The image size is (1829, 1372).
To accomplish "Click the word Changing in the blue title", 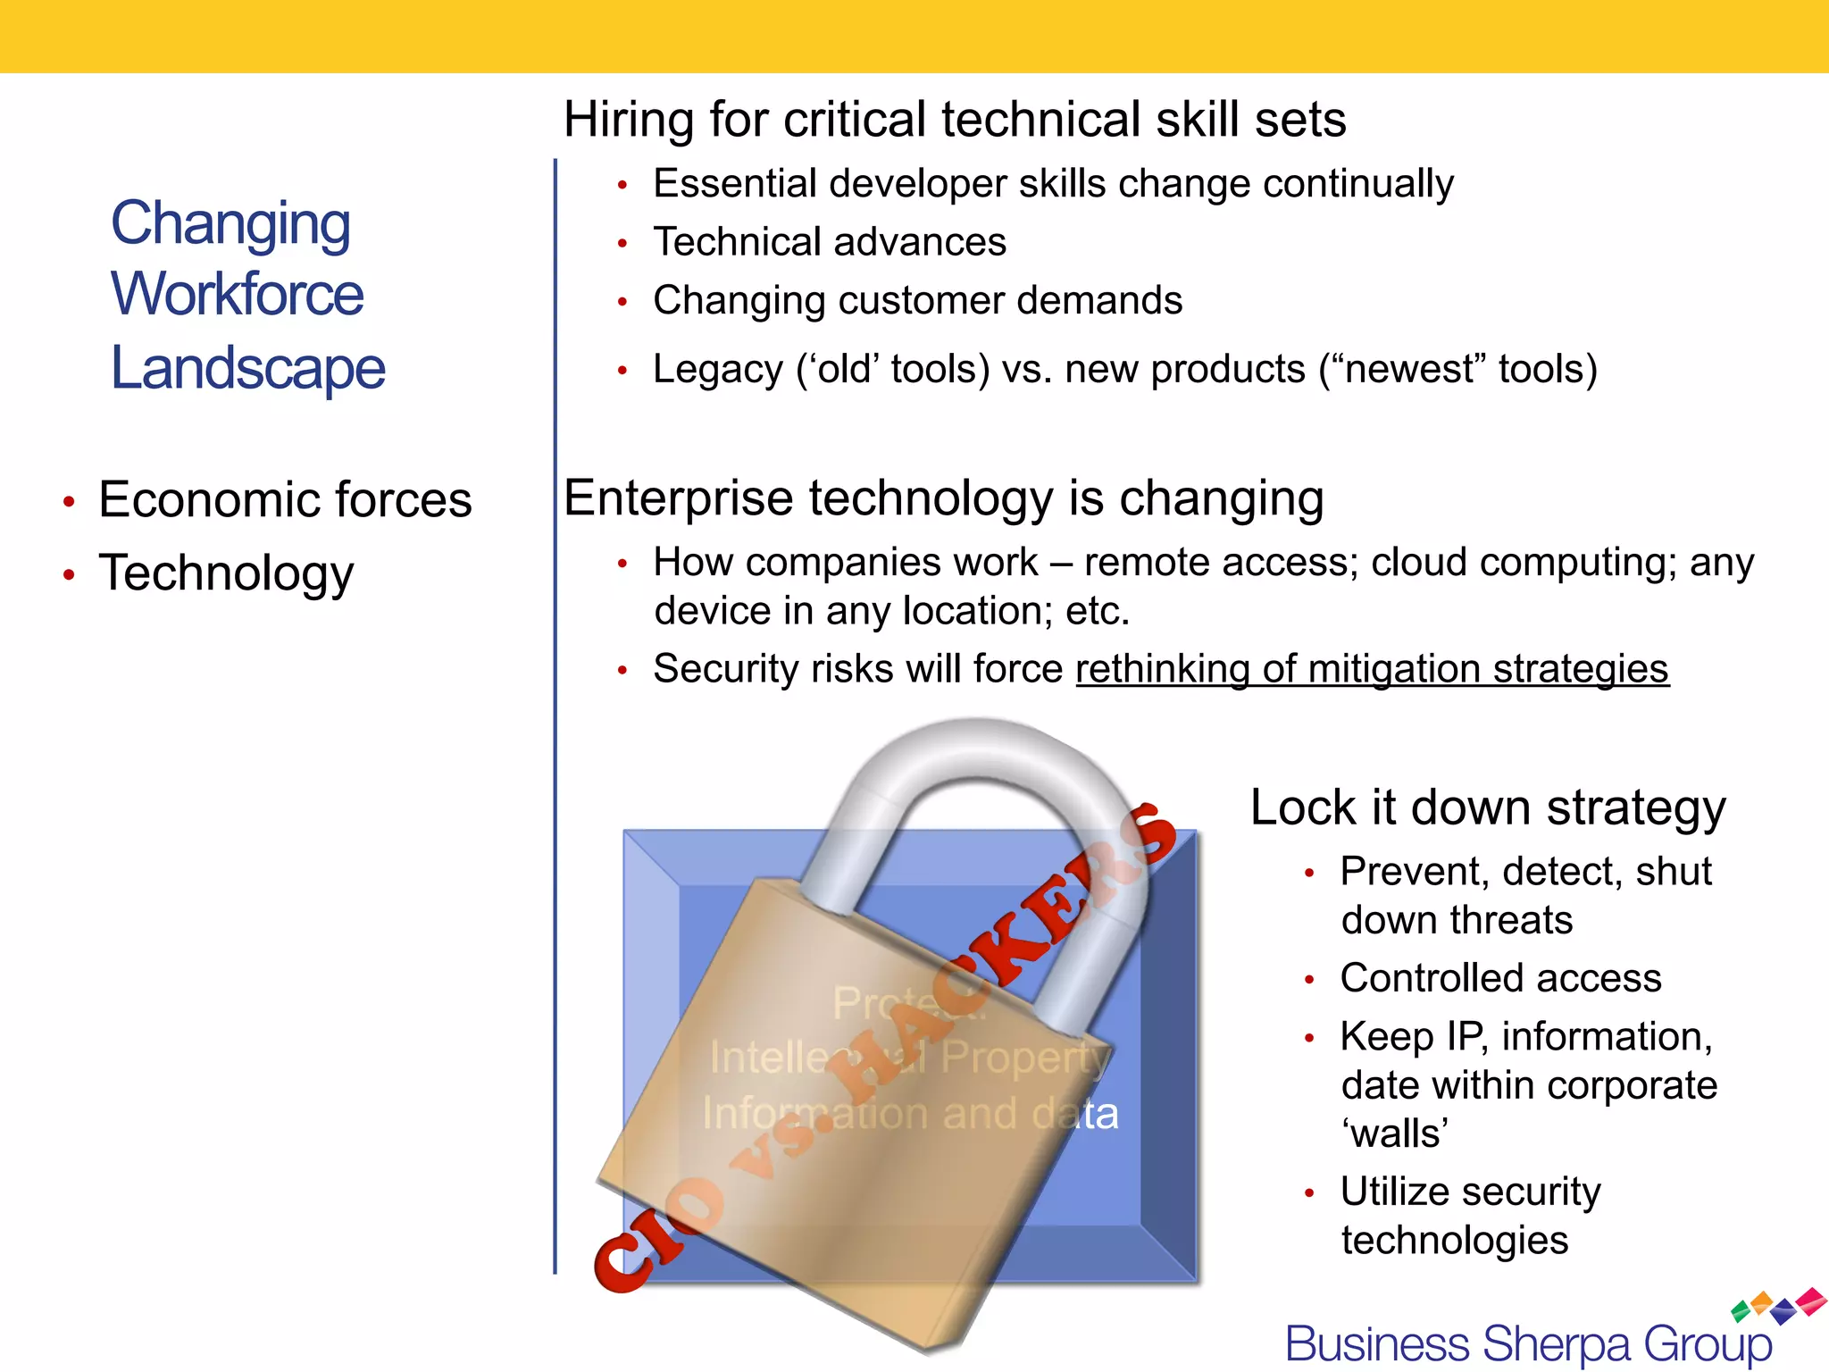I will [x=230, y=223].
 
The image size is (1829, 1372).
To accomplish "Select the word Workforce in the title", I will [x=237, y=295].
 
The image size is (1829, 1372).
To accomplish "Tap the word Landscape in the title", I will [x=247, y=368].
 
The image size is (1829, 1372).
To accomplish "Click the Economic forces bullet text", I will [x=285, y=499].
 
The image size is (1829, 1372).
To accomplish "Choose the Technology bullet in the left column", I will [x=226, y=573].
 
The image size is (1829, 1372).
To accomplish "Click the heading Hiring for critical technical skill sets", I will [x=954, y=120].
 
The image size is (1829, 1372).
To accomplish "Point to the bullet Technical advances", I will [x=830, y=242].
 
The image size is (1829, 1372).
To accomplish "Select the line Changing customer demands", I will [x=917, y=301].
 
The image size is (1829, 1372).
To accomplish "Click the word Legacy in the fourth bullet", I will [x=717, y=369].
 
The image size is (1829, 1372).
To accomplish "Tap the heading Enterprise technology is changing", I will [x=943, y=498].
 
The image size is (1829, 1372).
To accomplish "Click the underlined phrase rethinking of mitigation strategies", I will [x=1372, y=669].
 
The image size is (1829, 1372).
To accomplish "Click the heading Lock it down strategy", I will [x=1488, y=807].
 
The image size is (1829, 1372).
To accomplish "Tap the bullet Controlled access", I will [x=1500, y=978].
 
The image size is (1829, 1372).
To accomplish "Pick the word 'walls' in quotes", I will [x=1394, y=1134].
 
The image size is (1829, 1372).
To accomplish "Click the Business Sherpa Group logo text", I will [x=1528, y=1344].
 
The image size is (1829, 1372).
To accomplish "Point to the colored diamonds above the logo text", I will [x=1777, y=1305].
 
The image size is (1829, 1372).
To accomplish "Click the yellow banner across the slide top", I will [x=914, y=36].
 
